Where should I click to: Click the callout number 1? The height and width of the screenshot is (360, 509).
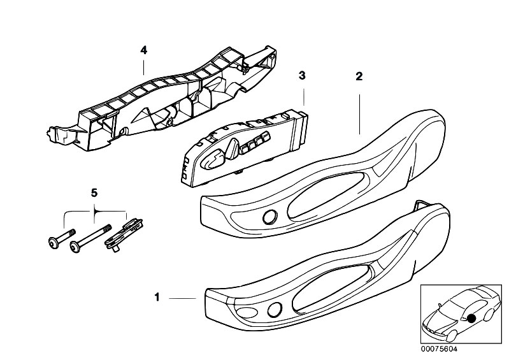point(157,297)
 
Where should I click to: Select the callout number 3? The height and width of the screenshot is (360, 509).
point(303,75)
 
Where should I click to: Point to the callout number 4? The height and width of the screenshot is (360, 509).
point(144,49)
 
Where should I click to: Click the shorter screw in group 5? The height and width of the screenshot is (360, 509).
point(61,237)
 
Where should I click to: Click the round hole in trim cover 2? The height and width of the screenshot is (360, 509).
point(270,217)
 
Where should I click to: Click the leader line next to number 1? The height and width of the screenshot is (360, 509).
point(184,298)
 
